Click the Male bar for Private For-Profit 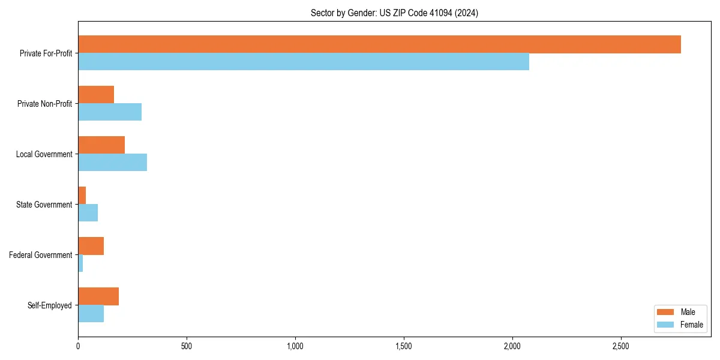(379, 44)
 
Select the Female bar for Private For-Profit (304, 62)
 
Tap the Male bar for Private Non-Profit (96, 95)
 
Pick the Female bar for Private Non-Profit (110, 112)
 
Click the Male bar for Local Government (101, 145)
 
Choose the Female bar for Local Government (112, 163)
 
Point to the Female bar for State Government (88, 213)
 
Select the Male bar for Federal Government (91, 246)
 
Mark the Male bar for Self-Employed (98, 296)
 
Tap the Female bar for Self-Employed (91, 314)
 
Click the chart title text (394, 13)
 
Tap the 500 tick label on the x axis (187, 346)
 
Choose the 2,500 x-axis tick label (621, 346)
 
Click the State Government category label (44, 205)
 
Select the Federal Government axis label (40, 255)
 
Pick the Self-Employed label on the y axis (49, 305)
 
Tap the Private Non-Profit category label (44, 104)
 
